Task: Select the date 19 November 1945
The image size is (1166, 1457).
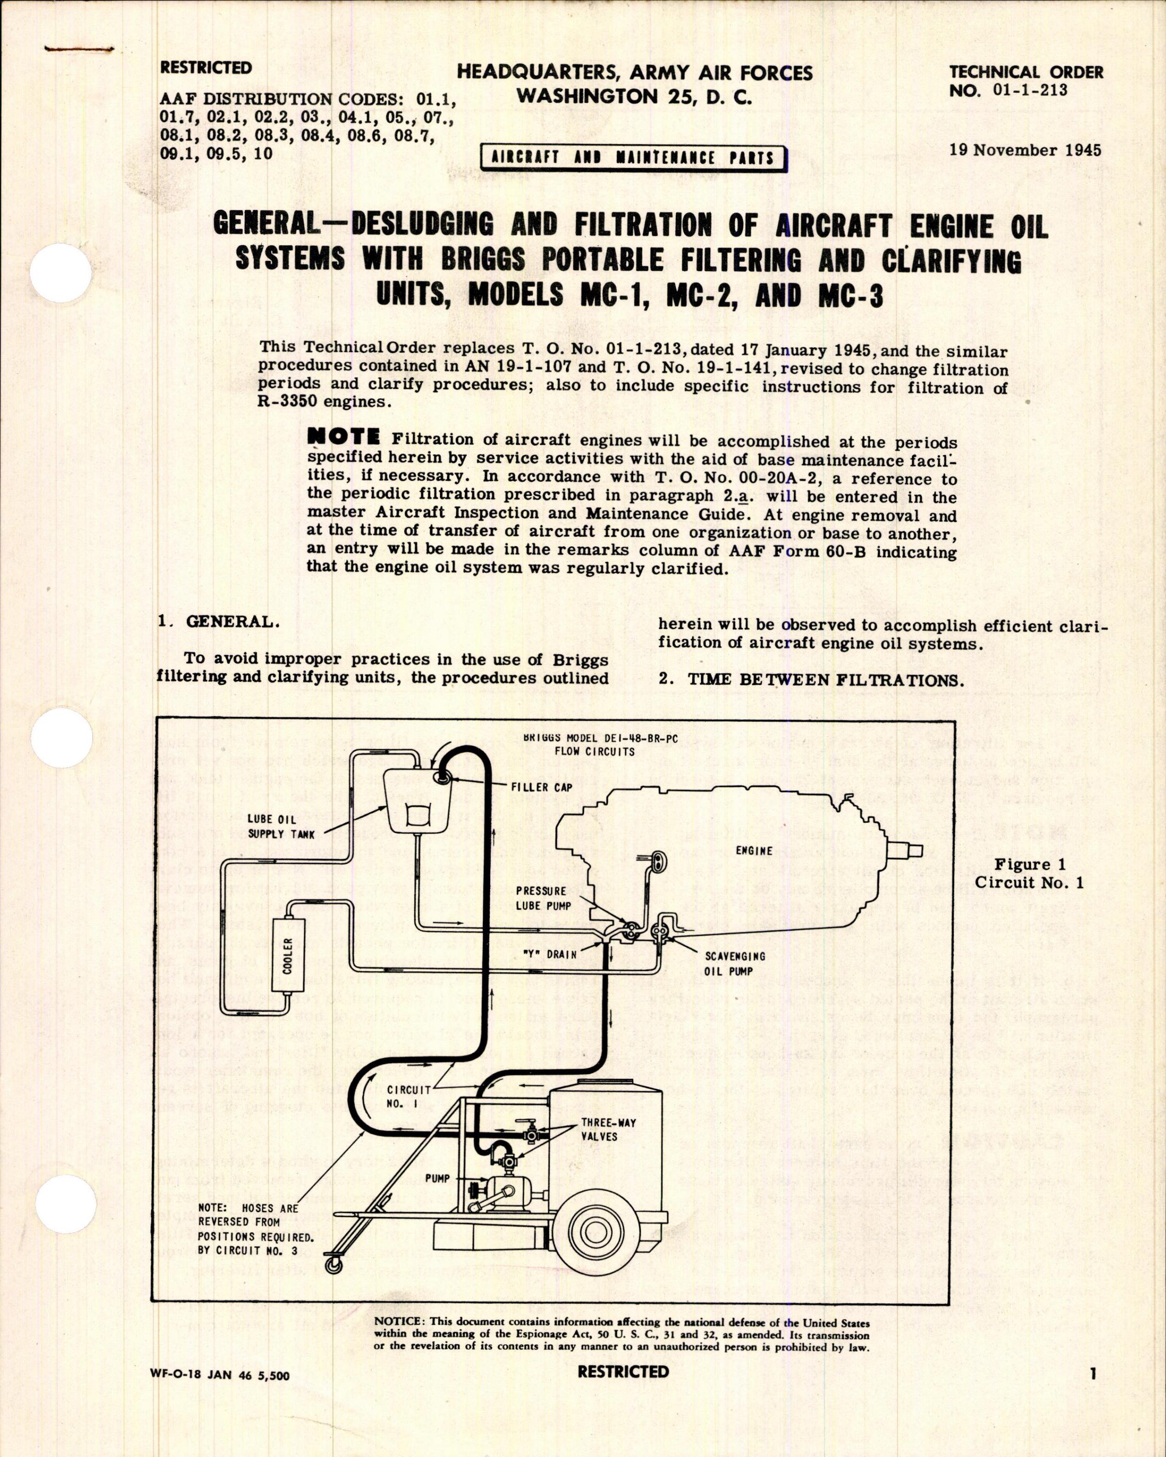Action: point(1025,150)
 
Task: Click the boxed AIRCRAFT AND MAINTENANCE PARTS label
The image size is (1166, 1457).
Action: point(634,158)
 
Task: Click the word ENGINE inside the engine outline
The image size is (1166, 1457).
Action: point(753,851)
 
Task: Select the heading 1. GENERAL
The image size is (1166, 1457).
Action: point(218,623)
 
